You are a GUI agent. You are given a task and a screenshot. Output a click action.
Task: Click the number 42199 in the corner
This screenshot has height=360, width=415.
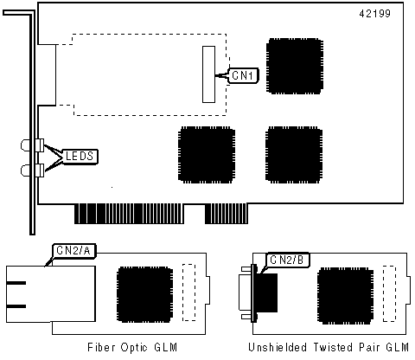[374, 14]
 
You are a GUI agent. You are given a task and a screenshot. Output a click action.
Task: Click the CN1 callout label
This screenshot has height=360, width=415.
[243, 76]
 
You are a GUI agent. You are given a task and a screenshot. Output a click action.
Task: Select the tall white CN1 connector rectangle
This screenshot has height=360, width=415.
[208, 74]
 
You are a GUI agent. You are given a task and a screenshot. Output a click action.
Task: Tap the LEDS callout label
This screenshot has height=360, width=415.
[80, 157]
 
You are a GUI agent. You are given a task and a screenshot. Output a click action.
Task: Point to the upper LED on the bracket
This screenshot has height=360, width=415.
[32, 145]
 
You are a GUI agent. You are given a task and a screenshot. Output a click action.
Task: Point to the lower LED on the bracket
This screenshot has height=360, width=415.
[32, 170]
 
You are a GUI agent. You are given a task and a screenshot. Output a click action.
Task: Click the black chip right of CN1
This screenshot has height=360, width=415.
[295, 66]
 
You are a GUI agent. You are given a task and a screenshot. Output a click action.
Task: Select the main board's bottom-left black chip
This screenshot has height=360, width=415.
[207, 155]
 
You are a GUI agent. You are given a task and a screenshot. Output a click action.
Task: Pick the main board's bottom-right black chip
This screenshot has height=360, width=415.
[294, 155]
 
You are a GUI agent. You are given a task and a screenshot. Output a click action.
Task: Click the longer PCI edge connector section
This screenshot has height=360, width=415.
[129, 214]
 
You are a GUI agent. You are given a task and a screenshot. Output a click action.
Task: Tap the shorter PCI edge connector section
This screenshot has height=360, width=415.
[227, 214]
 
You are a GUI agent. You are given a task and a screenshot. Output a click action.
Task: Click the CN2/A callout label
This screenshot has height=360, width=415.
[73, 251]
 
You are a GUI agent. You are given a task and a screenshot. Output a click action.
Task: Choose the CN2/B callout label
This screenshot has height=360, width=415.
[287, 260]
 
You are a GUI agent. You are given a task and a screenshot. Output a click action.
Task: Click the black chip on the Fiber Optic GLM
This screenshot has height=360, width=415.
[145, 294]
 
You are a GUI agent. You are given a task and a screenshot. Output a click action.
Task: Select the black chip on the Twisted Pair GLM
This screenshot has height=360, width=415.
[345, 296]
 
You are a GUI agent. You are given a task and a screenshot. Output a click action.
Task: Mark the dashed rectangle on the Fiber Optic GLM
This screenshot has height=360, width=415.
[189, 292]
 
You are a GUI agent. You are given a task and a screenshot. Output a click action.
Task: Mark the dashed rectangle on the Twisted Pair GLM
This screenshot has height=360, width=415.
[389, 293]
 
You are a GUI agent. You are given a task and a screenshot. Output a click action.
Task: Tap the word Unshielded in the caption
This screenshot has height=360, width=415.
[278, 347]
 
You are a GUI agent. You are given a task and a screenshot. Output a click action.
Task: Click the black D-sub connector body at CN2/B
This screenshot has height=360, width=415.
[267, 292]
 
